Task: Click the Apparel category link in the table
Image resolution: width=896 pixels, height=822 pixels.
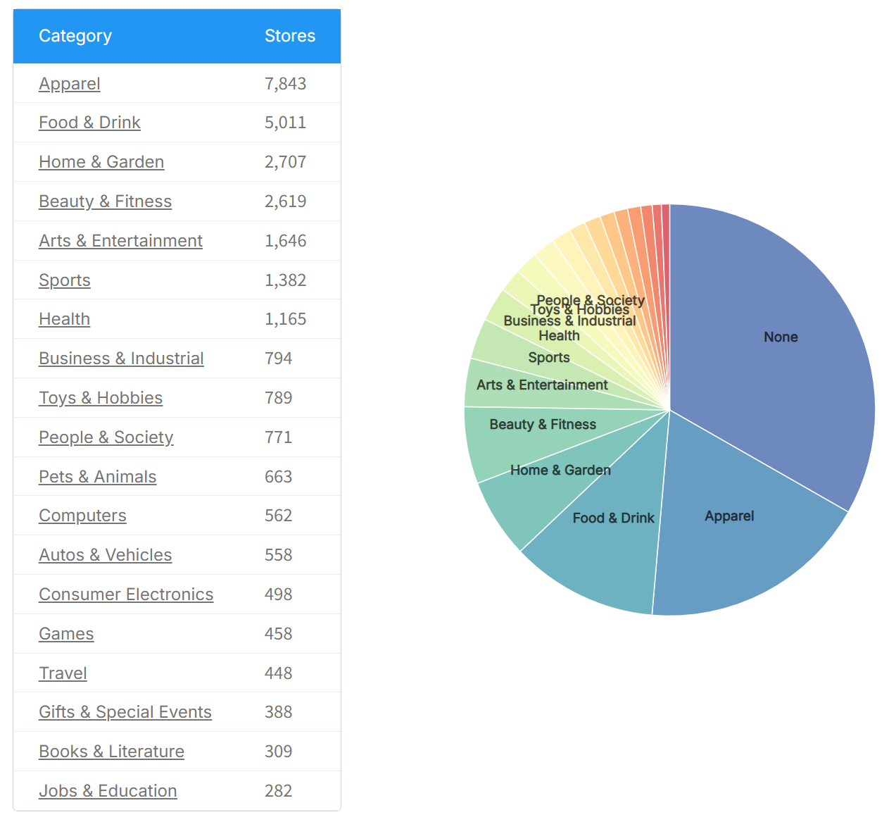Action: click(x=70, y=84)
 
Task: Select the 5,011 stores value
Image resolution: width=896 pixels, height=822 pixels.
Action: click(x=285, y=123)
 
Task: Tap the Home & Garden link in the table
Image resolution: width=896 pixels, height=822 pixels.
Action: click(x=101, y=162)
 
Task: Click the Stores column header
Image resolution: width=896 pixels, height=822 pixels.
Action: click(x=289, y=36)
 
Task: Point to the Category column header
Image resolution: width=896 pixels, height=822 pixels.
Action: click(x=75, y=36)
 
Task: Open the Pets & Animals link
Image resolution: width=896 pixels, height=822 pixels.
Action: click(x=97, y=477)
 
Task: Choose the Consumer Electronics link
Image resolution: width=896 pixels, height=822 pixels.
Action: click(x=126, y=594)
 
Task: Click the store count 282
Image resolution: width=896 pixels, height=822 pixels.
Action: click(x=278, y=791)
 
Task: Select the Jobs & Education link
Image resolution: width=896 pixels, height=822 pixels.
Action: click(x=108, y=791)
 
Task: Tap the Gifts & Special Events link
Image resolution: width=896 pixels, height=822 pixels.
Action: click(x=125, y=712)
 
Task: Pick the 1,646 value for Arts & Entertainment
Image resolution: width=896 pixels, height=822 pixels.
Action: click(x=285, y=241)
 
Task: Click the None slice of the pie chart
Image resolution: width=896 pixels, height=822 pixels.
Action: click(x=781, y=337)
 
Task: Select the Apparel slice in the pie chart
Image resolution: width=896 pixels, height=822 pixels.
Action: click(x=729, y=516)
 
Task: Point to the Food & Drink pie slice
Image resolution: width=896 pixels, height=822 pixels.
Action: click(x=613, y=518)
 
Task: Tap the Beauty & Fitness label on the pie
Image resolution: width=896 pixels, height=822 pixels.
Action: click(x=543, y=425)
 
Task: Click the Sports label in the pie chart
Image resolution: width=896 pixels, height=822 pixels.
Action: click(x=549, y=358)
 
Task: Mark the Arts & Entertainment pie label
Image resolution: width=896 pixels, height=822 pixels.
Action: click(x=542, y=385)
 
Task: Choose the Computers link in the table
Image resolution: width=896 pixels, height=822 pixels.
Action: click(x=82, y=516)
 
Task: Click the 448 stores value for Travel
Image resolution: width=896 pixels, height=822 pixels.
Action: click(x=278, y=673)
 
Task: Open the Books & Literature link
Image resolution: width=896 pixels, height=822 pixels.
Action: click(x=111, y=752)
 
